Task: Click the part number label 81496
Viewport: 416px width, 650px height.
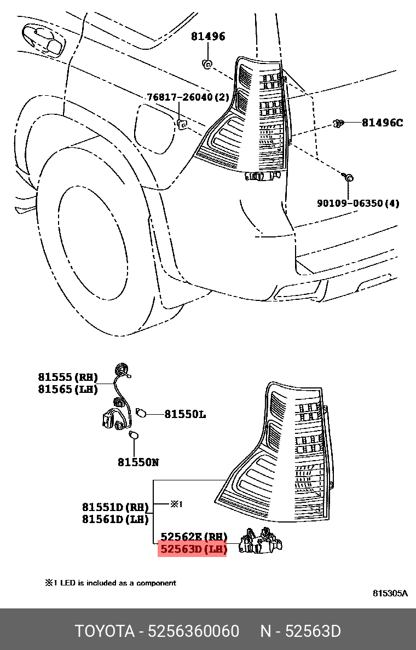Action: click(207, 37)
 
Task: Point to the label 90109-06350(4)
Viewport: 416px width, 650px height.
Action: click(358, 204)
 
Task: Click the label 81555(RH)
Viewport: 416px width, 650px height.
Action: click(68, 377)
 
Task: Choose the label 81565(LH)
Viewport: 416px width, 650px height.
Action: click(68, 390)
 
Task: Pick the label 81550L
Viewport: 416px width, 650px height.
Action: click(185, 415)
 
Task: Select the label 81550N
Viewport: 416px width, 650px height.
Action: click(138, 462)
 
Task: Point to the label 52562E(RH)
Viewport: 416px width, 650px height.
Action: click(193, 537)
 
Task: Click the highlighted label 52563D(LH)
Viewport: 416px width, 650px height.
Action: click(192, 549)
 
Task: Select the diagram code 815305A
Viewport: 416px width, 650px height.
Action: click(390, 593)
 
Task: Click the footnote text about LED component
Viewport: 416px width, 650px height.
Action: click(111, 583)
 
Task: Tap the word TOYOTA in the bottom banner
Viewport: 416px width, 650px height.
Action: click(105, 631)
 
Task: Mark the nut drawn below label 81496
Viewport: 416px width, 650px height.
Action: click(207, 65)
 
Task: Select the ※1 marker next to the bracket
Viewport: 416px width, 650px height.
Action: click(176, 504)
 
